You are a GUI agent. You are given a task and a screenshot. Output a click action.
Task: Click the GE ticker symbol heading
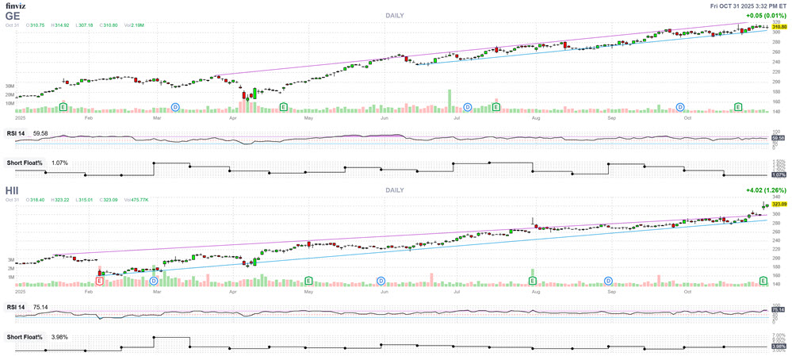point(12,15)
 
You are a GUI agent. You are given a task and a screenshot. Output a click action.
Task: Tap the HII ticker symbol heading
point(13,190)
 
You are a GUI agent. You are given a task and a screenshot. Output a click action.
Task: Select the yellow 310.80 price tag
point(779,27)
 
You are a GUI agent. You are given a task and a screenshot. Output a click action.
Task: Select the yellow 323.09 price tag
point(779,204)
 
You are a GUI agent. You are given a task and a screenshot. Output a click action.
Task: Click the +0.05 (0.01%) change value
point(767,15)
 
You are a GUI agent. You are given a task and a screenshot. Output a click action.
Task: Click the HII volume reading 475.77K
point(136,200)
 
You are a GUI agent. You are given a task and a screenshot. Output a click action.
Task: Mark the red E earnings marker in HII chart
point(99,281)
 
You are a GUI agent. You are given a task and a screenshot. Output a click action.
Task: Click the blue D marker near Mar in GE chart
point(176,106)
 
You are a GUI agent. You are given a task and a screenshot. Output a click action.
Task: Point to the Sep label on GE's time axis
point(613,117)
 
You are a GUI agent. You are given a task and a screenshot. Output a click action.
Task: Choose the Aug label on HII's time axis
point(537,291)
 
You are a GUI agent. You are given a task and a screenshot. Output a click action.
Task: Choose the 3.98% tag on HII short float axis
point(779,346)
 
